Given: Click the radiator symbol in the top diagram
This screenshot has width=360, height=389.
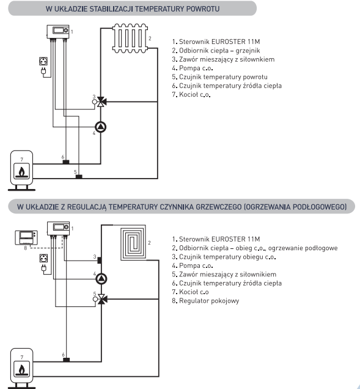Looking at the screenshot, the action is tap(130, 39).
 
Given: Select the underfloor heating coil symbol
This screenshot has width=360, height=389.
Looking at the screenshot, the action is tap(133, 242).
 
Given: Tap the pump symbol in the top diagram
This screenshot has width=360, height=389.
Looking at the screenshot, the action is tap(101, 127).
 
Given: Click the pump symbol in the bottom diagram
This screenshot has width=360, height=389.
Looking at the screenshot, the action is tap(101, 279).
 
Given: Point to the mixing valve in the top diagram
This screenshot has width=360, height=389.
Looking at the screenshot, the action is tap(101, 102).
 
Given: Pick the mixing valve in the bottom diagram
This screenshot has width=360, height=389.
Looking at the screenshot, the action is tap(101, 299).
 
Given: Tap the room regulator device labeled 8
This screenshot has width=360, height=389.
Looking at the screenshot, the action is tap(26, 238).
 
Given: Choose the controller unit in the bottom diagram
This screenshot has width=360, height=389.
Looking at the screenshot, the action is tap(58, 228).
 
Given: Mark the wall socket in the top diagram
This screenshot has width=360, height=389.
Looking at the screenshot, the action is tap(43, 61).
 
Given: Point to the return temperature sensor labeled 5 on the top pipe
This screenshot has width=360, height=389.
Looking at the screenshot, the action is tap(79, 177).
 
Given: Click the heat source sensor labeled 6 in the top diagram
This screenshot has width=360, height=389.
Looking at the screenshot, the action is tap(66, 162).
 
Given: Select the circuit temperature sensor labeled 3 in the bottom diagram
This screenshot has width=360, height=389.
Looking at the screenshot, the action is tap(99, 260).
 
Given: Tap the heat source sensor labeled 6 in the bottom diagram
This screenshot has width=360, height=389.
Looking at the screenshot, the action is tap(66, 360).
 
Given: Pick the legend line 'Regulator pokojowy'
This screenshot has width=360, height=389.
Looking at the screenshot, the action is tap(209, 301).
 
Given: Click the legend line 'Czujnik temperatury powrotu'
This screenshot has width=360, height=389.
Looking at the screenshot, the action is tap(223, 77).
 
